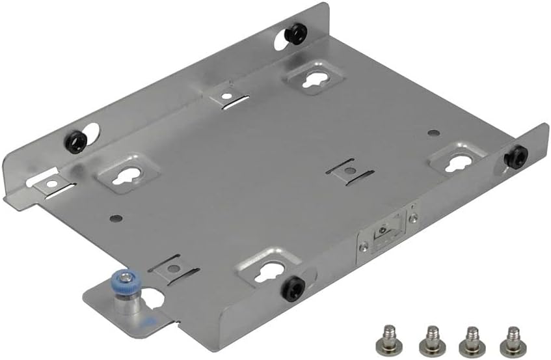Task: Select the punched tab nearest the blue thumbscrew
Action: point(171,266)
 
